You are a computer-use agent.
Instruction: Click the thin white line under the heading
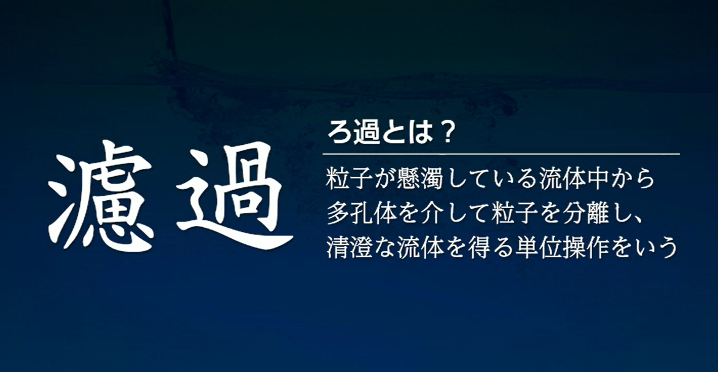click(501, 153)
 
